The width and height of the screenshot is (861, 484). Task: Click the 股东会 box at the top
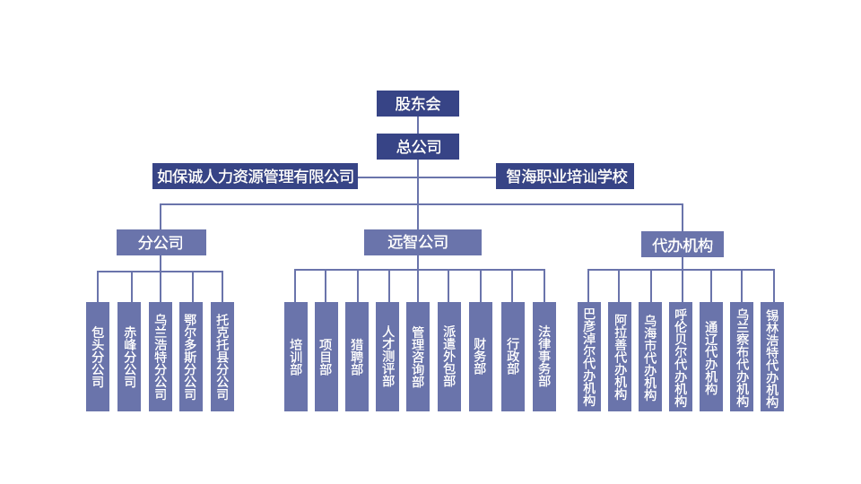[x=417, y=103]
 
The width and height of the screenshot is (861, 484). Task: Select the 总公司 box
[x=417, y=146]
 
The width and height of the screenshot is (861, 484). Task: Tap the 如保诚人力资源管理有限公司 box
[x=255, y=177]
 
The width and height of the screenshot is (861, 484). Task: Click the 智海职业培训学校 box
[x=565, y=177]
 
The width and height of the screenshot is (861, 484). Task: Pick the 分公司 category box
[x=161, y=242]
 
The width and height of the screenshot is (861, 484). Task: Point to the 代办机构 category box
[x=682, y=245]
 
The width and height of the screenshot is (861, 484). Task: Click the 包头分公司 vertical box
[x=97, y=357]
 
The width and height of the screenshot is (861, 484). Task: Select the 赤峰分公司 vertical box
[x=128, y=357]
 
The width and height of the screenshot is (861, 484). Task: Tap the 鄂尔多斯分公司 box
[x=190, y=357]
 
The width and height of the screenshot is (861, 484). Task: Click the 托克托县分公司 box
[x=222, y=357]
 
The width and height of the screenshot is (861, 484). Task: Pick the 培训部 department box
[x=295, y=357]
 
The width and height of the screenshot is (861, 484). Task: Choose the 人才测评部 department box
[x=387, y=357]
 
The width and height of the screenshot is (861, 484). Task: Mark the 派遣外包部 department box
[x=448, y=357]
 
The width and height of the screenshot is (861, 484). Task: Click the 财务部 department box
[x=481, y=357]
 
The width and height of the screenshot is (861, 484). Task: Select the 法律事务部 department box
[x=544, y=357]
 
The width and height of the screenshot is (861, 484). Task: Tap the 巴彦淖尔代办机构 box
[x=588, y=357]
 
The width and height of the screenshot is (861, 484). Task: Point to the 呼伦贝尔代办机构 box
[x=680, y=357]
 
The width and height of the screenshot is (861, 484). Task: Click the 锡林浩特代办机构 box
[x=771, y=357]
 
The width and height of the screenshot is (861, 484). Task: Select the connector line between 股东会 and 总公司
[x=417, y=125]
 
